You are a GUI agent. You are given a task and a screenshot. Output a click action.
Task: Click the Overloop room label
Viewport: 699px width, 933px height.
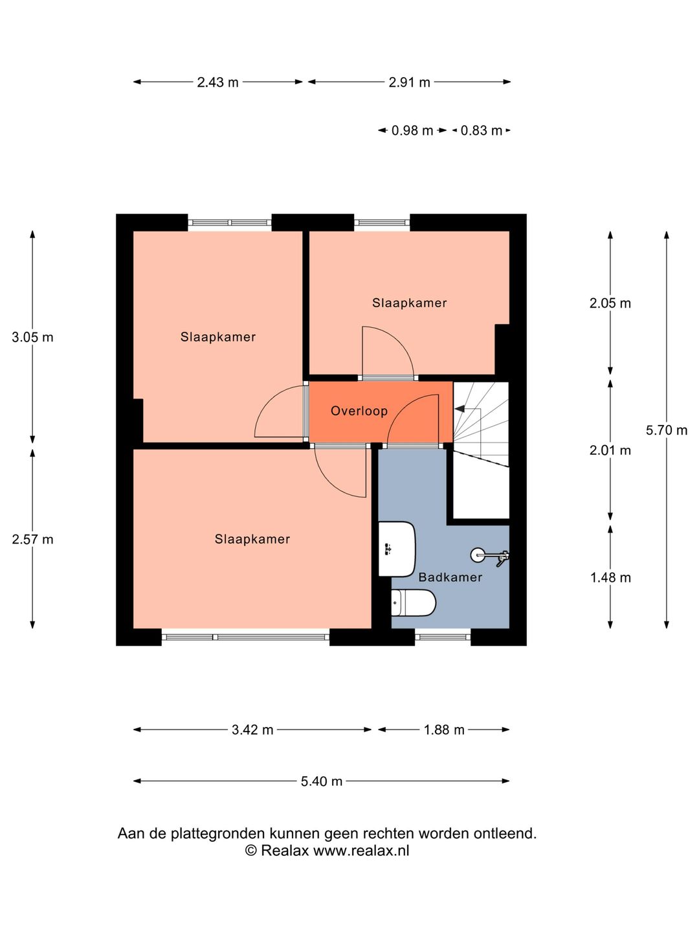(x=359, y=411)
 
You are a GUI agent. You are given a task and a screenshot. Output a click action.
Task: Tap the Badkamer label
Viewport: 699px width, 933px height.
(x=450, y=577)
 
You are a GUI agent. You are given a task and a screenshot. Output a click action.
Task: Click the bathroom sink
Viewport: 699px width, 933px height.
(x=397, y=549)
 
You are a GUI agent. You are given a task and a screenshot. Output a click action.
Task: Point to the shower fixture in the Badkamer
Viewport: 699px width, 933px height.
(x=490, y=556)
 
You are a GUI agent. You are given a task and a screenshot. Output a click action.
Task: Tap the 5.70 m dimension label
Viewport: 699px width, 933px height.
(x=667, y=430)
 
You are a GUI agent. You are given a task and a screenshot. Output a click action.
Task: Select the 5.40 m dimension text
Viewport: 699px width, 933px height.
(x=322, y=781)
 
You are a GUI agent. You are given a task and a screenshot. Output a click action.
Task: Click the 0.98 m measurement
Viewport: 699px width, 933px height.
(x=412, y=130)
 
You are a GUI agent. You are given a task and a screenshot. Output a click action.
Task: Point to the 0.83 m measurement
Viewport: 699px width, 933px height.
(x=482, y=130)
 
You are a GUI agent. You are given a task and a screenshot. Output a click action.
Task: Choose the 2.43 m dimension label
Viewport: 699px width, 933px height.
(x=217, y=82)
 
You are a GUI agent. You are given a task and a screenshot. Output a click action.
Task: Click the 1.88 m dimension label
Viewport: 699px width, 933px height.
(x=444, y=730)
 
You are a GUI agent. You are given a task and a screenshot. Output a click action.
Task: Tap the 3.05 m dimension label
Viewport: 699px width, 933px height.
(x=32, y=338)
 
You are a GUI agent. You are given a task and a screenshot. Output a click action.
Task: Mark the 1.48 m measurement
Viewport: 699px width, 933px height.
(x=611, y=578)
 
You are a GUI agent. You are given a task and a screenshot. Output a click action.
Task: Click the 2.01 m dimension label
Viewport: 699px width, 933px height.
(x=610, y=450)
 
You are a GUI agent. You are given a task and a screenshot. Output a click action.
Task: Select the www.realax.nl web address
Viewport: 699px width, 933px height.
(x=361, y=851)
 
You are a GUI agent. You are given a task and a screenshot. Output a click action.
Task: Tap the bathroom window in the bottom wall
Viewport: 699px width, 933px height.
(x=443, y=637)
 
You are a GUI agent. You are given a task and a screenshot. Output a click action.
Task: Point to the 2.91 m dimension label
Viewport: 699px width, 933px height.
(x=410, y=82)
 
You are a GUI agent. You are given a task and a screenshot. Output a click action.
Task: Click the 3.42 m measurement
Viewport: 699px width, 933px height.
(x=252, y=730)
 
